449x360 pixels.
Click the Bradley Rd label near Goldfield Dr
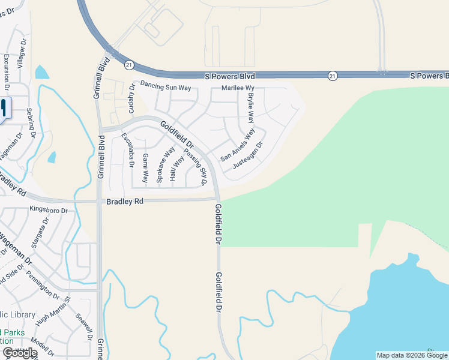125,202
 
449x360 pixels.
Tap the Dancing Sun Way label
165,87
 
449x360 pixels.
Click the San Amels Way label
238,145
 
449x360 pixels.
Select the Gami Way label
145,167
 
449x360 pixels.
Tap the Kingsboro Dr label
49,210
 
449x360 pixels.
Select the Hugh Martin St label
53,311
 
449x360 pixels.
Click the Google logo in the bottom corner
19,353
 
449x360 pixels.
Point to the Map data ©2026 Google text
412,355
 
